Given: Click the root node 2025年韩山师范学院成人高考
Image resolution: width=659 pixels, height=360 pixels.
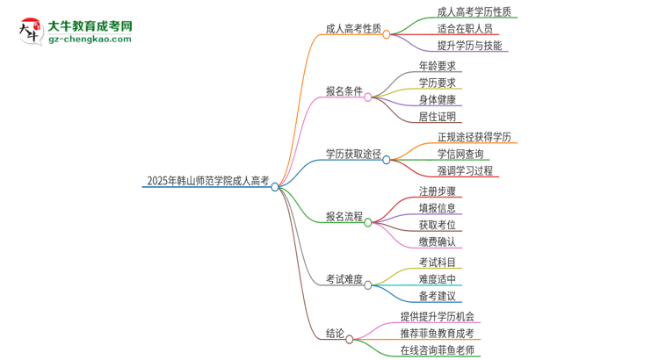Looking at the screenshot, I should pos(208,181).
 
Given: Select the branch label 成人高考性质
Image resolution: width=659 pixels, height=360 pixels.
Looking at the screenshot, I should pos(352,28).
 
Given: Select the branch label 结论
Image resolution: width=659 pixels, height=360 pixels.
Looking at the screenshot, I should pos(335,334).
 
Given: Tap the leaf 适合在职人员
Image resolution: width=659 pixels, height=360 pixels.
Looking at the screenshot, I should pos(466,29).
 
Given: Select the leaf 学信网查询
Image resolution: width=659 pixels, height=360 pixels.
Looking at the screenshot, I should pos(460,154).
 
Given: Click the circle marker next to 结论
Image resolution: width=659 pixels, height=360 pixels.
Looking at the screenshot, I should pos(350,339).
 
